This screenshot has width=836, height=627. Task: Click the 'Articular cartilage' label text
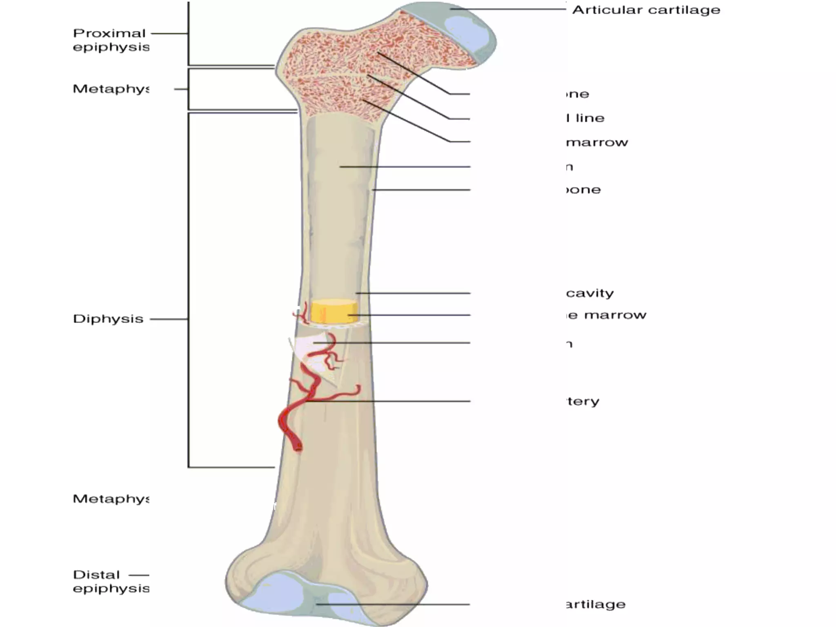(646, 10)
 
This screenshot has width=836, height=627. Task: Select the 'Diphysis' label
(108, 319)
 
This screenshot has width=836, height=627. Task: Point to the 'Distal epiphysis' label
(111, 581)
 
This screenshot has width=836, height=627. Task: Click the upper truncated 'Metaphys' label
(111, 89)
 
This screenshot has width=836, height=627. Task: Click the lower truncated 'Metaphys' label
(111, 499)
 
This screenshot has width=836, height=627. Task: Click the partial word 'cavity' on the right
(590, 293)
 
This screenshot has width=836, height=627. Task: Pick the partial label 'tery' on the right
(583, 401)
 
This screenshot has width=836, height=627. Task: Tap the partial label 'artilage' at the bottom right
(596, 604)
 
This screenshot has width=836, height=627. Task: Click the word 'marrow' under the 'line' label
(597, 142)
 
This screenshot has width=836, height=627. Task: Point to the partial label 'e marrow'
(607, 315)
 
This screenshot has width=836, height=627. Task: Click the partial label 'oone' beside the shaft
(584, 190)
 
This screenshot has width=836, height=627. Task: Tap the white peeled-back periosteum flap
(310, 347)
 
